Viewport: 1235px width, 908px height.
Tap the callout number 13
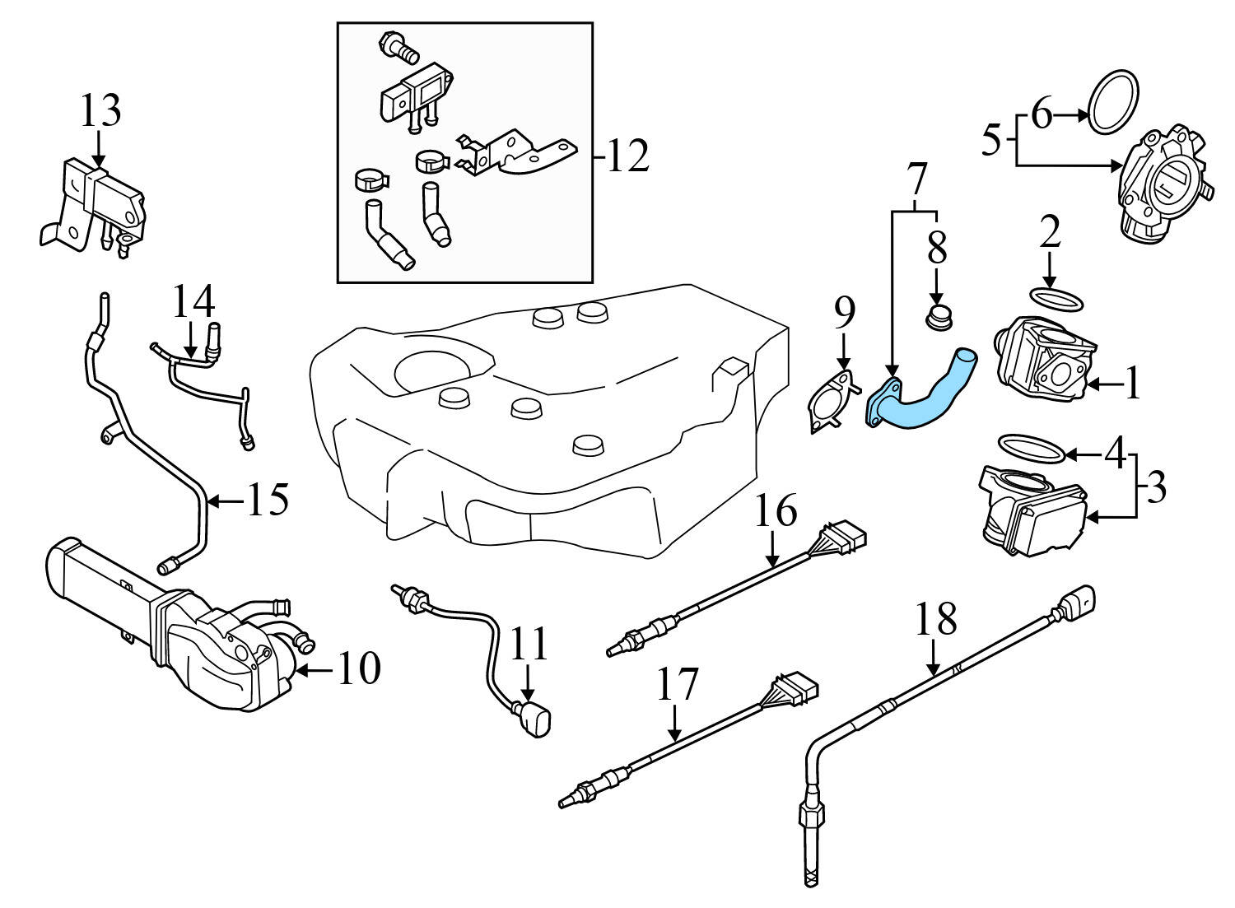tap(100, 110)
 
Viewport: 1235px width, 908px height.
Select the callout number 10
tap(357, 668)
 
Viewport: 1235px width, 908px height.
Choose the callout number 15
tap(267, 499)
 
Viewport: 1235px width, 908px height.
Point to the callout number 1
tap(1133, 383)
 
